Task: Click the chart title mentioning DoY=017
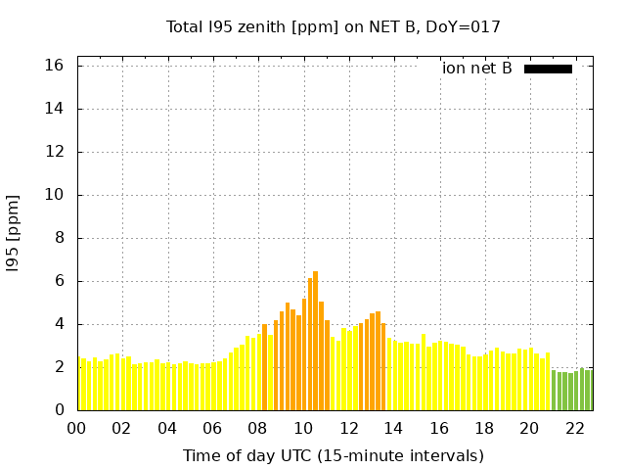pos(333,27)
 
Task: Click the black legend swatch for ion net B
pos(548,69)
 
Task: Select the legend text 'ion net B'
pos(476,69)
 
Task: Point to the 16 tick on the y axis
pos(54,66)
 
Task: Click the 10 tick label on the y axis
pos(54,195)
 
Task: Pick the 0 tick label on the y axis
pos(59,410)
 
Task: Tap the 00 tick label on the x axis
pos(77,428)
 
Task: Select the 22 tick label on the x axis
pos(576,428)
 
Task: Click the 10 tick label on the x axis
pos(304,428)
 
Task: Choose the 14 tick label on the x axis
pos(394,428)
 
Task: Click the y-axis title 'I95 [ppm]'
pos(14,233)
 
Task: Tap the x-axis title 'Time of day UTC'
pos(333,456)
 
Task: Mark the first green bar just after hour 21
pos(554,391)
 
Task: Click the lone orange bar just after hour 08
pos(265,367)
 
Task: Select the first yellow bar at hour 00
pos(83,385)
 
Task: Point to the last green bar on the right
pos(588,390)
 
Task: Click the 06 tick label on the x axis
pos(213,428)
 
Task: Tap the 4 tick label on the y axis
pos(59,324)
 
